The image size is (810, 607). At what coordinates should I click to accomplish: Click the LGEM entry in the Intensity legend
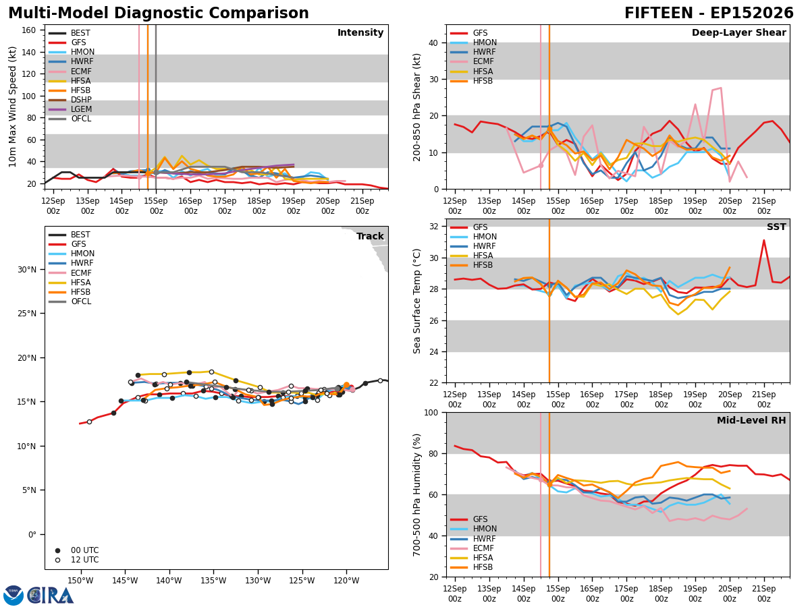point(70,109)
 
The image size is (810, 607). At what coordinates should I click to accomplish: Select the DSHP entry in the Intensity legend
point(70,100)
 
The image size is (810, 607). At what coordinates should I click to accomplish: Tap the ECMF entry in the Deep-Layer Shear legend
point(472,61)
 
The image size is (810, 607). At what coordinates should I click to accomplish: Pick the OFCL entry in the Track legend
point(70,301)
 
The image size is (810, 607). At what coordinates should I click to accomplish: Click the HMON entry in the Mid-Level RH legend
point(473,529)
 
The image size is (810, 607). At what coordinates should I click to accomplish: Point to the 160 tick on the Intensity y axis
point(29,30)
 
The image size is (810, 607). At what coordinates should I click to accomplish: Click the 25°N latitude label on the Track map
point(27,314)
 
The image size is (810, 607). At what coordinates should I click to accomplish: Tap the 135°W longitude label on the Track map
point(214,581)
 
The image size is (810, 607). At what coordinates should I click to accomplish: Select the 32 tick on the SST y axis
point(434,227)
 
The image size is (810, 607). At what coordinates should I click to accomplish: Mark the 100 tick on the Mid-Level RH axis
point(431,412)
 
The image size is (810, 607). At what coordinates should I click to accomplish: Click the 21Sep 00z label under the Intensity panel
point(362,206)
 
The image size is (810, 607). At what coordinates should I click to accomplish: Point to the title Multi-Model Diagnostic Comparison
point(159,13)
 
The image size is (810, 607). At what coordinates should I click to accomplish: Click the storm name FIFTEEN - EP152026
point(709,13)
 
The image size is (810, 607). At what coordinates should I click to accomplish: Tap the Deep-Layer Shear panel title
point(738,32)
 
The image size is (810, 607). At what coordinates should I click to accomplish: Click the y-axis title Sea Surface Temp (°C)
point(416,301)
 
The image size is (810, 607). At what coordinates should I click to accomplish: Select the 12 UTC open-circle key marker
point(57,560)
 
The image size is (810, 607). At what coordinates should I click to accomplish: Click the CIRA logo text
point(50,596)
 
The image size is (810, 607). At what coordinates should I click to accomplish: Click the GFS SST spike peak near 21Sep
point(763,240)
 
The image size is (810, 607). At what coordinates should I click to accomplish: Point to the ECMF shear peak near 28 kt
point(721,88)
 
